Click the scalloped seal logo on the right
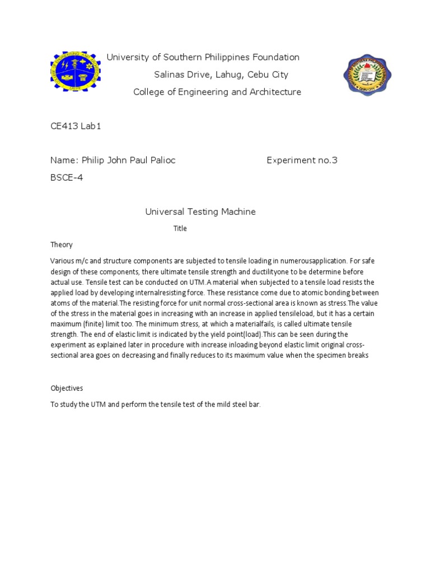coord(367,76)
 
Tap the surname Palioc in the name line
coord(160,161)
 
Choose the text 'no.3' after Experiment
coord(328,161)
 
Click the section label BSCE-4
coord(67,177)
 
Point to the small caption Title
coord(180,228)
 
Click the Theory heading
coord(61,245)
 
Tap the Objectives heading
coord(67,388)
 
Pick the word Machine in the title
coord(238,212)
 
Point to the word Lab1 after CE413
coord(91,126)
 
